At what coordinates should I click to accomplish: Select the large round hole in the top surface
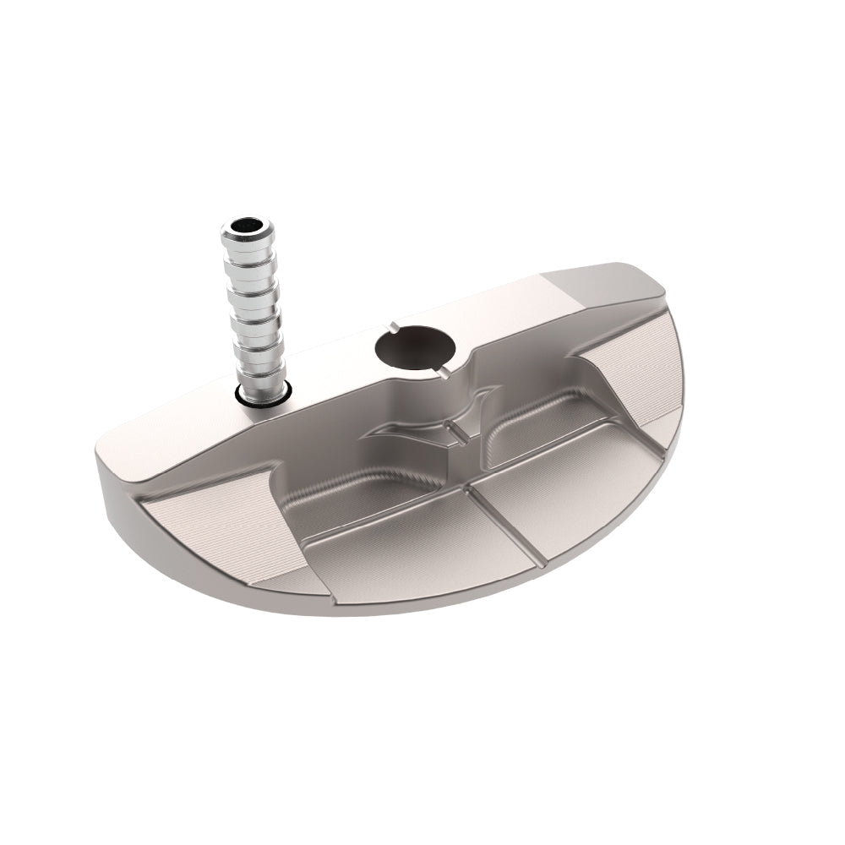(415, 350)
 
